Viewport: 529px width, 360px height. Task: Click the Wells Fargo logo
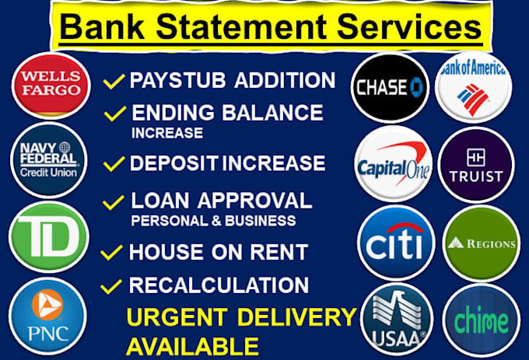click(x=51, y=86)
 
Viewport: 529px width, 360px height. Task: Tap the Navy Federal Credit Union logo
click(x=49, y=159)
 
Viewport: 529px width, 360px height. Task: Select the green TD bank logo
click(x=49, y=237)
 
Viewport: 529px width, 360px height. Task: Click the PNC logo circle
click(x=47, y=316)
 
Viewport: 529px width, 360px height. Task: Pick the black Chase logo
click(x=390, y=87)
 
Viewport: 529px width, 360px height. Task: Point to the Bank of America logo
click(x=473, y=87)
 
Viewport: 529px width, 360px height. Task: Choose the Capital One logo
click(x=394, y=164)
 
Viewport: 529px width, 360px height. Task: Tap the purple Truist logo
click(x=476, y=165)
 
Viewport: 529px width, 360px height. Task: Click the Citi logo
click(x=396, y=243)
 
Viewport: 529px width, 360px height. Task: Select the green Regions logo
click(x=482, y=243)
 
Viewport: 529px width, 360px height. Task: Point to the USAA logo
click(x=397, y=320)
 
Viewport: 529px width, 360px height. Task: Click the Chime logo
click(x=482, y=320)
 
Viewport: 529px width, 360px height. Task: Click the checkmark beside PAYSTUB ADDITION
click(x=114, y=81)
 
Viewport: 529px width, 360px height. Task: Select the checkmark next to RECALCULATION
click(x=111, y=286)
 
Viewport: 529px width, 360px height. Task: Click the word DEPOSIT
click(x=174, y=163)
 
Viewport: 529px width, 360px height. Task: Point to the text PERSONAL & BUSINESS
click(x=214, y=221)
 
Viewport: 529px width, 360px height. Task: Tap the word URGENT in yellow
click(x=177, y=317)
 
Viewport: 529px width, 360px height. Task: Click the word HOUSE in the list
click(x=166, y=252)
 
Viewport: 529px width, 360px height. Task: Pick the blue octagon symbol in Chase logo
click(x=417, y=87)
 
